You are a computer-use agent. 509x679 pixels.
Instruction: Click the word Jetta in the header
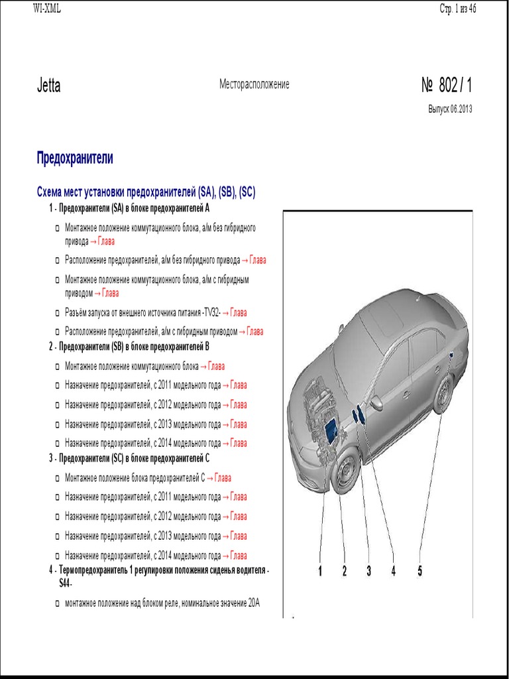pos(48,86)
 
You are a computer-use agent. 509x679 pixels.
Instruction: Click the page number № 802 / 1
pos(447,86)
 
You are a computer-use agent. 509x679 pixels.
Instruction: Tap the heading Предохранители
pos(74,158)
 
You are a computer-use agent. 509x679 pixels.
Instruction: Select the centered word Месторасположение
pos(254,85)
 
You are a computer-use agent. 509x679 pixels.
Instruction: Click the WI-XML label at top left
pos(47,8)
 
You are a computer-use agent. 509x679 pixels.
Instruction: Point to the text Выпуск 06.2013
pos(450,109)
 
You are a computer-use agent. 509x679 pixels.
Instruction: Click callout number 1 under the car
pos(320,571)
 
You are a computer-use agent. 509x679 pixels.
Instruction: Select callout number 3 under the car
pos(368,571)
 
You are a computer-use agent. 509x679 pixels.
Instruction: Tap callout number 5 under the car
pos(420,571)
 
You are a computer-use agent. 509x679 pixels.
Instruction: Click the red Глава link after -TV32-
pos(238,312)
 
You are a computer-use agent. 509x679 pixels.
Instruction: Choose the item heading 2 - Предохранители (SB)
pos(129,346)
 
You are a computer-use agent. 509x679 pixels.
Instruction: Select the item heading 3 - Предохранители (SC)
pos(129,458)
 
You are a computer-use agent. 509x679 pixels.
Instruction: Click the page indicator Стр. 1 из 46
pos(458,8)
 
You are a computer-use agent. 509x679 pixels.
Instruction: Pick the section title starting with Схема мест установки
pos(146,192)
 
